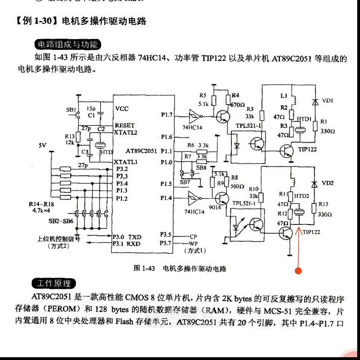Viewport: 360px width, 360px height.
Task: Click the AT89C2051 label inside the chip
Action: tap(141, 151)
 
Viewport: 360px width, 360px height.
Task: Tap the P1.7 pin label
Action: tap(166, 114)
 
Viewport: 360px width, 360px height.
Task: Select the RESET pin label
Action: tap(124, 125)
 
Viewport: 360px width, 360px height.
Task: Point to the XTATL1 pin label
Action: tap(125, 162)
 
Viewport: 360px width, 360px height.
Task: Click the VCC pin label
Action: tap(122, 109)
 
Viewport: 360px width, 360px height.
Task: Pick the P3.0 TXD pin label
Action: tap(127, 237)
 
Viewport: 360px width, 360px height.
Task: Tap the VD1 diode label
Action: tap(327, 101)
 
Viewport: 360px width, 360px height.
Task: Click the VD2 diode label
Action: tap(327, 183)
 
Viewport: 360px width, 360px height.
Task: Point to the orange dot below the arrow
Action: tap(298, 271)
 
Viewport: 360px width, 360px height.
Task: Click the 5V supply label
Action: tap(43, 145)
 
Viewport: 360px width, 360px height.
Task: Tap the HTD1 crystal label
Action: tap(304, 119)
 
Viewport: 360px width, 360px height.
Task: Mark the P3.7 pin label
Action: tap(166, 243)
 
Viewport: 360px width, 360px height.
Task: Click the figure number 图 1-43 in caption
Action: tap(144, 268)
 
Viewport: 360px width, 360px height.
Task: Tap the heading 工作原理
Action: tap(54, 283)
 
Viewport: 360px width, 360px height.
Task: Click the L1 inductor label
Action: tap(284, 95)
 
